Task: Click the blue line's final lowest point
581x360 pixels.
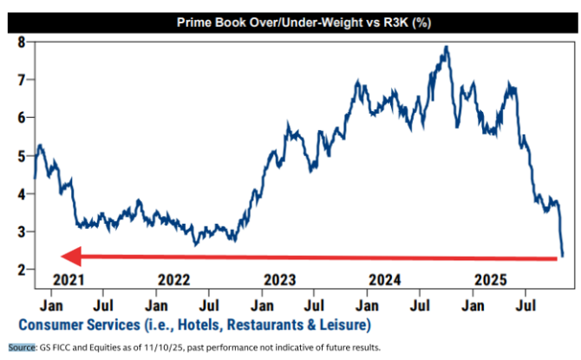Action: (562, 255)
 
